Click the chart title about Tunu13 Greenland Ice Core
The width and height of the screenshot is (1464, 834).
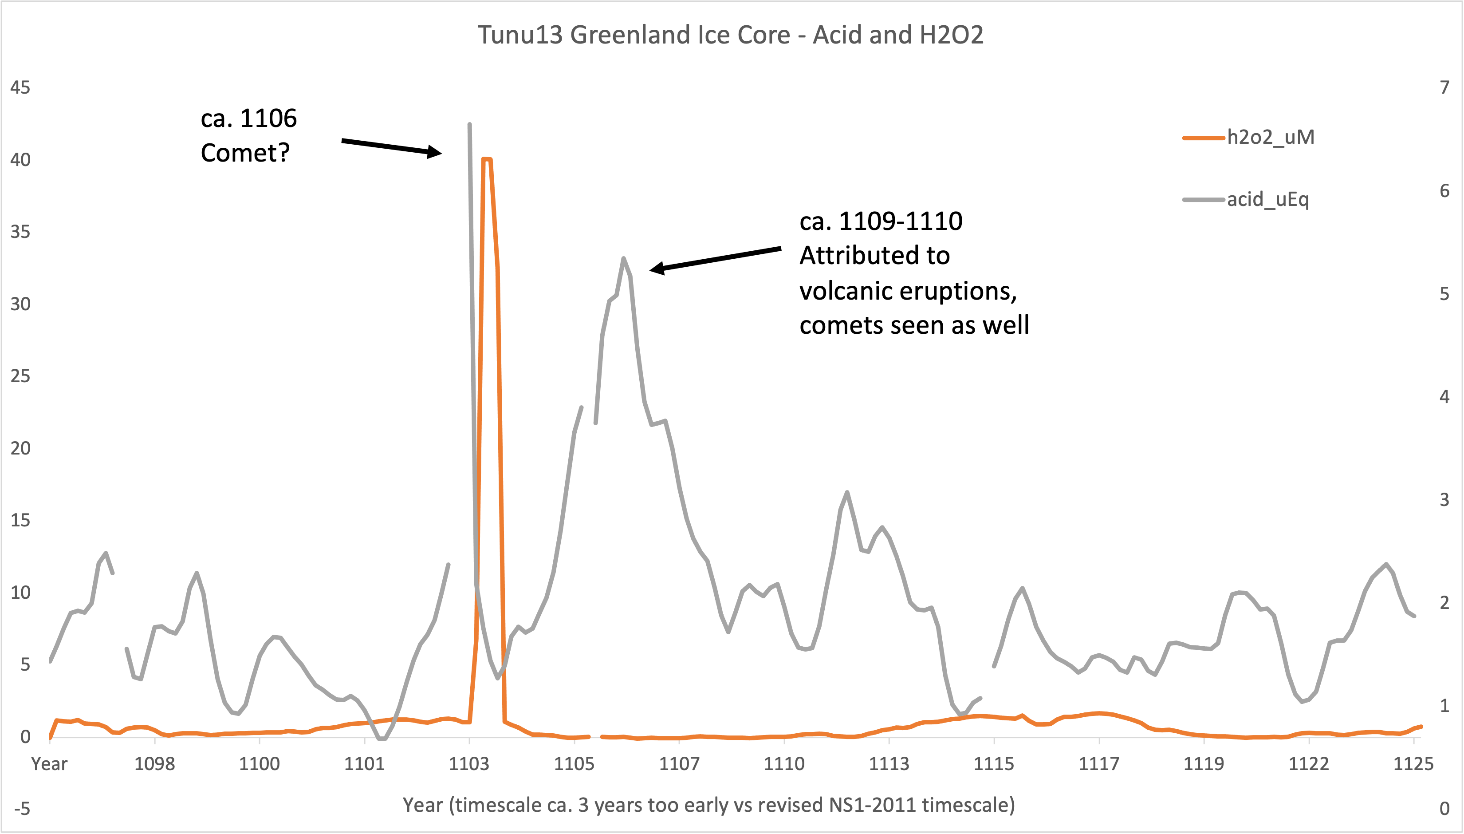coord(731,35)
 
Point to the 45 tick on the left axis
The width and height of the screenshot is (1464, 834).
coord(20,87)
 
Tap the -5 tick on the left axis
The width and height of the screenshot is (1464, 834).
coord(22,809)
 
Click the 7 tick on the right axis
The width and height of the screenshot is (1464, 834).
coord(1444,87)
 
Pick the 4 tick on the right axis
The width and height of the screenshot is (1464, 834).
coord(1444,396)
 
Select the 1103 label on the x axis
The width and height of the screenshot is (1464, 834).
coord(469,763)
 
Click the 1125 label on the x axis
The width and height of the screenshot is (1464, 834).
coord(1413,763)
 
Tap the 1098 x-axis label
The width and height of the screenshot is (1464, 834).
coord(154,763)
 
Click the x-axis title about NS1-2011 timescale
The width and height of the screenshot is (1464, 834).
coord(708,805)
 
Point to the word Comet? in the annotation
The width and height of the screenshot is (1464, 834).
coord(245,153)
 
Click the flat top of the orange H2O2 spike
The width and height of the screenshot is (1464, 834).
coord(487,159)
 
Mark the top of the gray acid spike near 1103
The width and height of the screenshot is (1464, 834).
coord(469,124)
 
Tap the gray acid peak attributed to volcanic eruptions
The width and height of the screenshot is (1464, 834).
coord(623,258)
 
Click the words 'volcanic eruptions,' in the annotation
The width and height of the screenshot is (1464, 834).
coord(908,291)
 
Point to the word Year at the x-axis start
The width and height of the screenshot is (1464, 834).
coord(49,763)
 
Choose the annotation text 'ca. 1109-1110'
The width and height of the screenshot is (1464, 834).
coord(881,221)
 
